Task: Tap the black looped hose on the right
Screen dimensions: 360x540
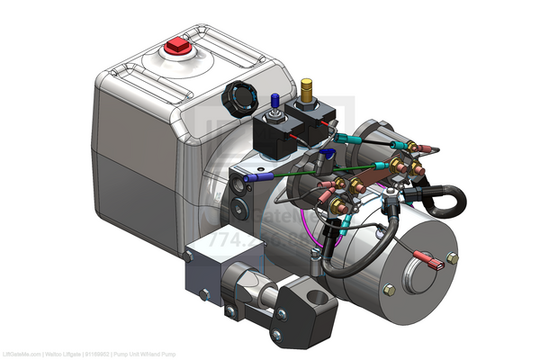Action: point(445,200)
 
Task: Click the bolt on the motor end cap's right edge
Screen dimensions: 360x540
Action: point(453,258)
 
